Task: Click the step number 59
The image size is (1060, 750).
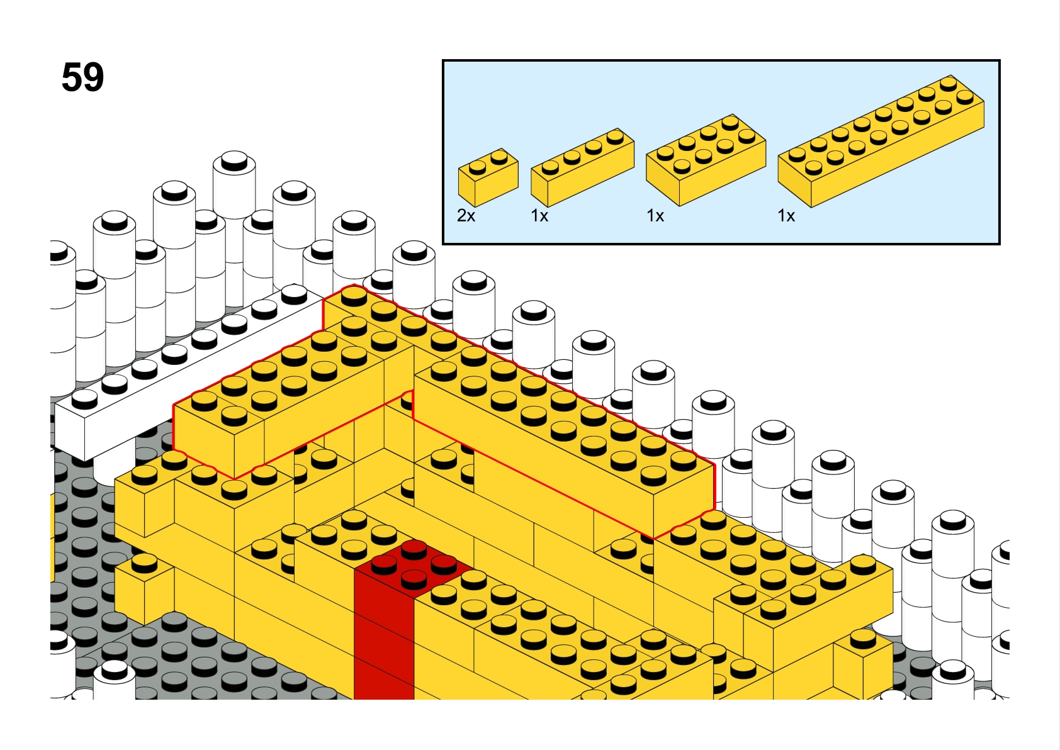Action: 83,77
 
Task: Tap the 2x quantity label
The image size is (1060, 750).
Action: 466,216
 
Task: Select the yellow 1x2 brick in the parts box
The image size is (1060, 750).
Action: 488,177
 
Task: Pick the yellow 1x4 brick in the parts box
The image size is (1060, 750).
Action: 582,167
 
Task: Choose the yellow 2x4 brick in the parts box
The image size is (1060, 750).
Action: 706,160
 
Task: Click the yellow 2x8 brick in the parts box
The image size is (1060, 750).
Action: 881,141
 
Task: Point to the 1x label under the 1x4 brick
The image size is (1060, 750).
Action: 539,216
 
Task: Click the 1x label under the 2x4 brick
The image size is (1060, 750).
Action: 655,216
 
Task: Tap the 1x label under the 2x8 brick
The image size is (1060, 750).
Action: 786,216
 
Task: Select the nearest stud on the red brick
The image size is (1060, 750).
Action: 414,578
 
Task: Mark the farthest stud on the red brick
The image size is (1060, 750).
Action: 414,549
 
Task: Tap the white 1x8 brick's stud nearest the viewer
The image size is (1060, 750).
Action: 84,398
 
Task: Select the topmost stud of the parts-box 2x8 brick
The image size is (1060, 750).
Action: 949,83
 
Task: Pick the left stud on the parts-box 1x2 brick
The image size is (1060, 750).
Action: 478,167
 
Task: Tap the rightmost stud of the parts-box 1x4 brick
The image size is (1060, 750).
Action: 615,137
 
